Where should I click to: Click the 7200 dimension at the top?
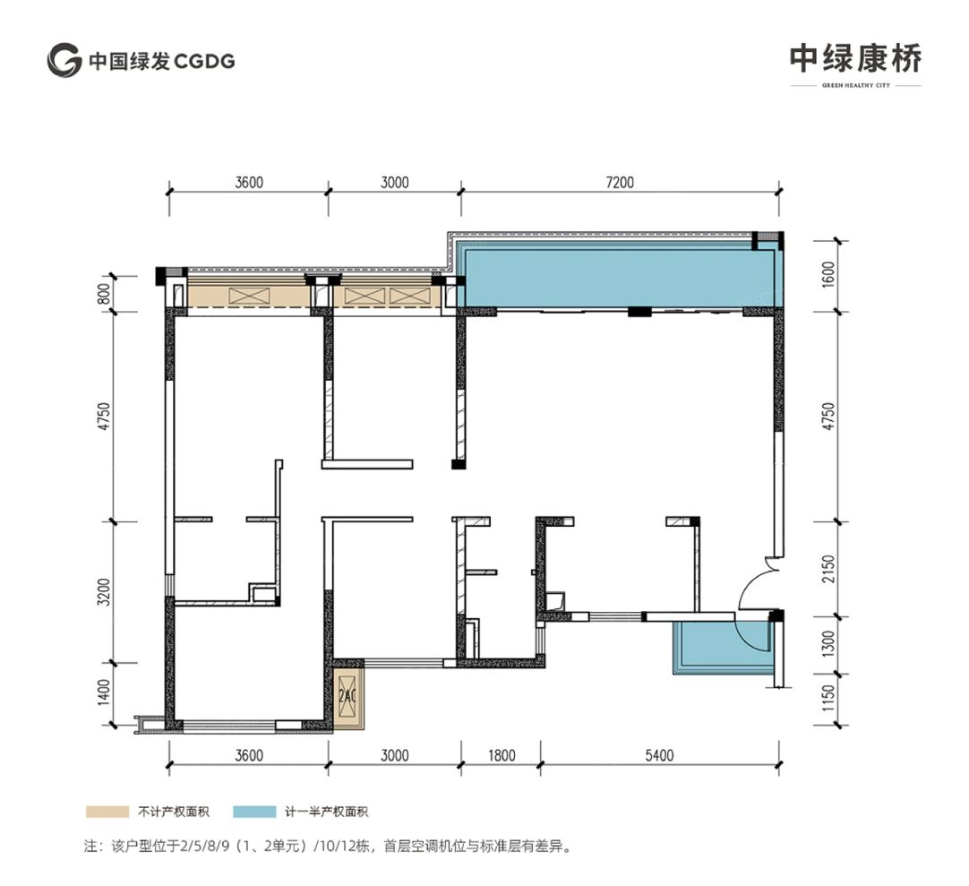[619, 182]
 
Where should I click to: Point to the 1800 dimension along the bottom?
[501, 755]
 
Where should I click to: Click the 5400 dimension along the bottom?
[658, 755]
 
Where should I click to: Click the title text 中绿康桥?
[855, 58]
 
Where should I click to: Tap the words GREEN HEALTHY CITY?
[855, 86]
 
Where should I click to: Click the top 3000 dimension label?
[394, 182]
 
